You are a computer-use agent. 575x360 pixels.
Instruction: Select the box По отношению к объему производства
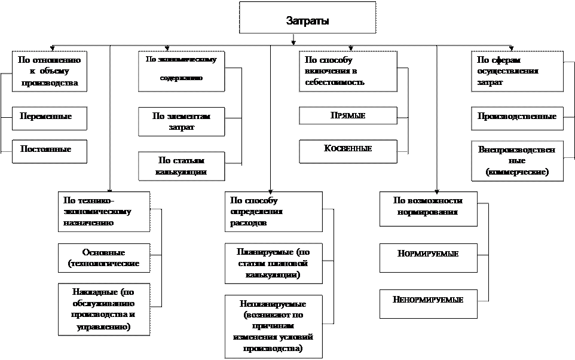coord(50,71)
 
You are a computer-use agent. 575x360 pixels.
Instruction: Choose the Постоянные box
coord(50,151)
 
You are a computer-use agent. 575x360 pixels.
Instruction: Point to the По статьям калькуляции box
coord(182,166)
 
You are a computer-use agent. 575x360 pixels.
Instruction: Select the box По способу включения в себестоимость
coord(348,71)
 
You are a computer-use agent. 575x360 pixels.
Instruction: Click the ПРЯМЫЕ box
coord(348,115)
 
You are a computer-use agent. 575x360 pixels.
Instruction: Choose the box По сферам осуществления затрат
coord(517,71)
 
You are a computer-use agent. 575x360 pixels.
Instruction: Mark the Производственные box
coord(517,117)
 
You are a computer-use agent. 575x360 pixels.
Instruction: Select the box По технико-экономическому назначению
coord(103,211)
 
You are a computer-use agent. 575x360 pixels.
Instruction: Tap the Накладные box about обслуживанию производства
coord(103,309)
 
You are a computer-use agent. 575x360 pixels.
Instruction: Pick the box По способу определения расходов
coord(274,211)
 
